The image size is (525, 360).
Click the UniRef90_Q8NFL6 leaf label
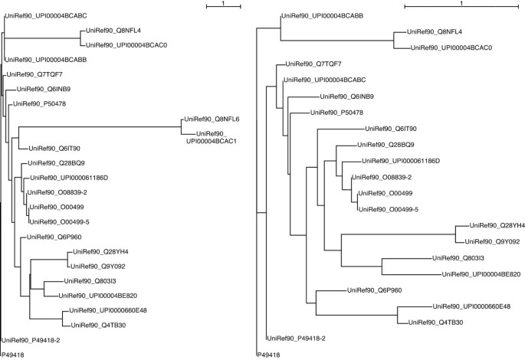pos(212,119)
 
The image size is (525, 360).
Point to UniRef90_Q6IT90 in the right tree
pos(391,128)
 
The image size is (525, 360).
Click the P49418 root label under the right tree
pos(267,355)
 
